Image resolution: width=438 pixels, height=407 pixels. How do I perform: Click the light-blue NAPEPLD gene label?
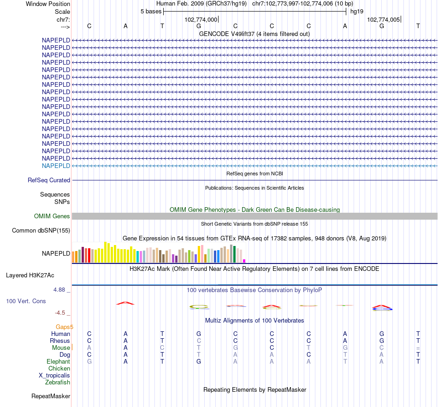56,166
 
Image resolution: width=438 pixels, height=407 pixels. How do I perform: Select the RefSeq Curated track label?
49,180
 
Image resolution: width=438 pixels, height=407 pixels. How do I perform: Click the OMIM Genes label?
52,216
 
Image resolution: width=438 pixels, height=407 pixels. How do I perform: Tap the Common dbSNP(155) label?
41,231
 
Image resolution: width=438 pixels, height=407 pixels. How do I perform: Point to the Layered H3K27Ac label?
30,275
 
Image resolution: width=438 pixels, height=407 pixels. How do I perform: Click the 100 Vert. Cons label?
26,301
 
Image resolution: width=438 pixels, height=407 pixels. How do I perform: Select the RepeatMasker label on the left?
51,396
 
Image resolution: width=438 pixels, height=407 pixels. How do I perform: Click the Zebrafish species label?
58,382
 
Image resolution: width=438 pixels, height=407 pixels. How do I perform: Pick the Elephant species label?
58,361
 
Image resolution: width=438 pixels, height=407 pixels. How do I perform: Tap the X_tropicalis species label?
54,375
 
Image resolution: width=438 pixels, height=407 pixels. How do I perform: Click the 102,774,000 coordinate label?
201,20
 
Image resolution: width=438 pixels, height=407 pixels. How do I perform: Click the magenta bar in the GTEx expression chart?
244,261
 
